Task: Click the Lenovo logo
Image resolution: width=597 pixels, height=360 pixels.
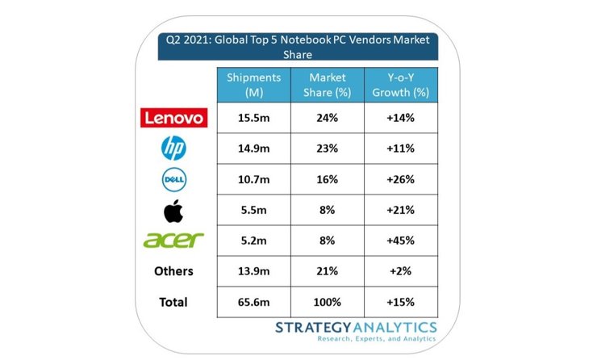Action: (x=173, y=119)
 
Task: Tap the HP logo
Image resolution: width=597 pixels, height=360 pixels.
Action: (x=173, y=149)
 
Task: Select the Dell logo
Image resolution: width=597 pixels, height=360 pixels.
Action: (x=173, y=179)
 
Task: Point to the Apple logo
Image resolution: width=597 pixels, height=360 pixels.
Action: (x=173, y=210)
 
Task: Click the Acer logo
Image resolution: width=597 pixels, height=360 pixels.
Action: (x=173, y=241)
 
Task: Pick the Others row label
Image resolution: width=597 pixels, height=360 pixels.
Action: (x=173, y=271)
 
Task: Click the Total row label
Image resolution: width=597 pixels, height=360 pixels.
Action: (x=173, y=301)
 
